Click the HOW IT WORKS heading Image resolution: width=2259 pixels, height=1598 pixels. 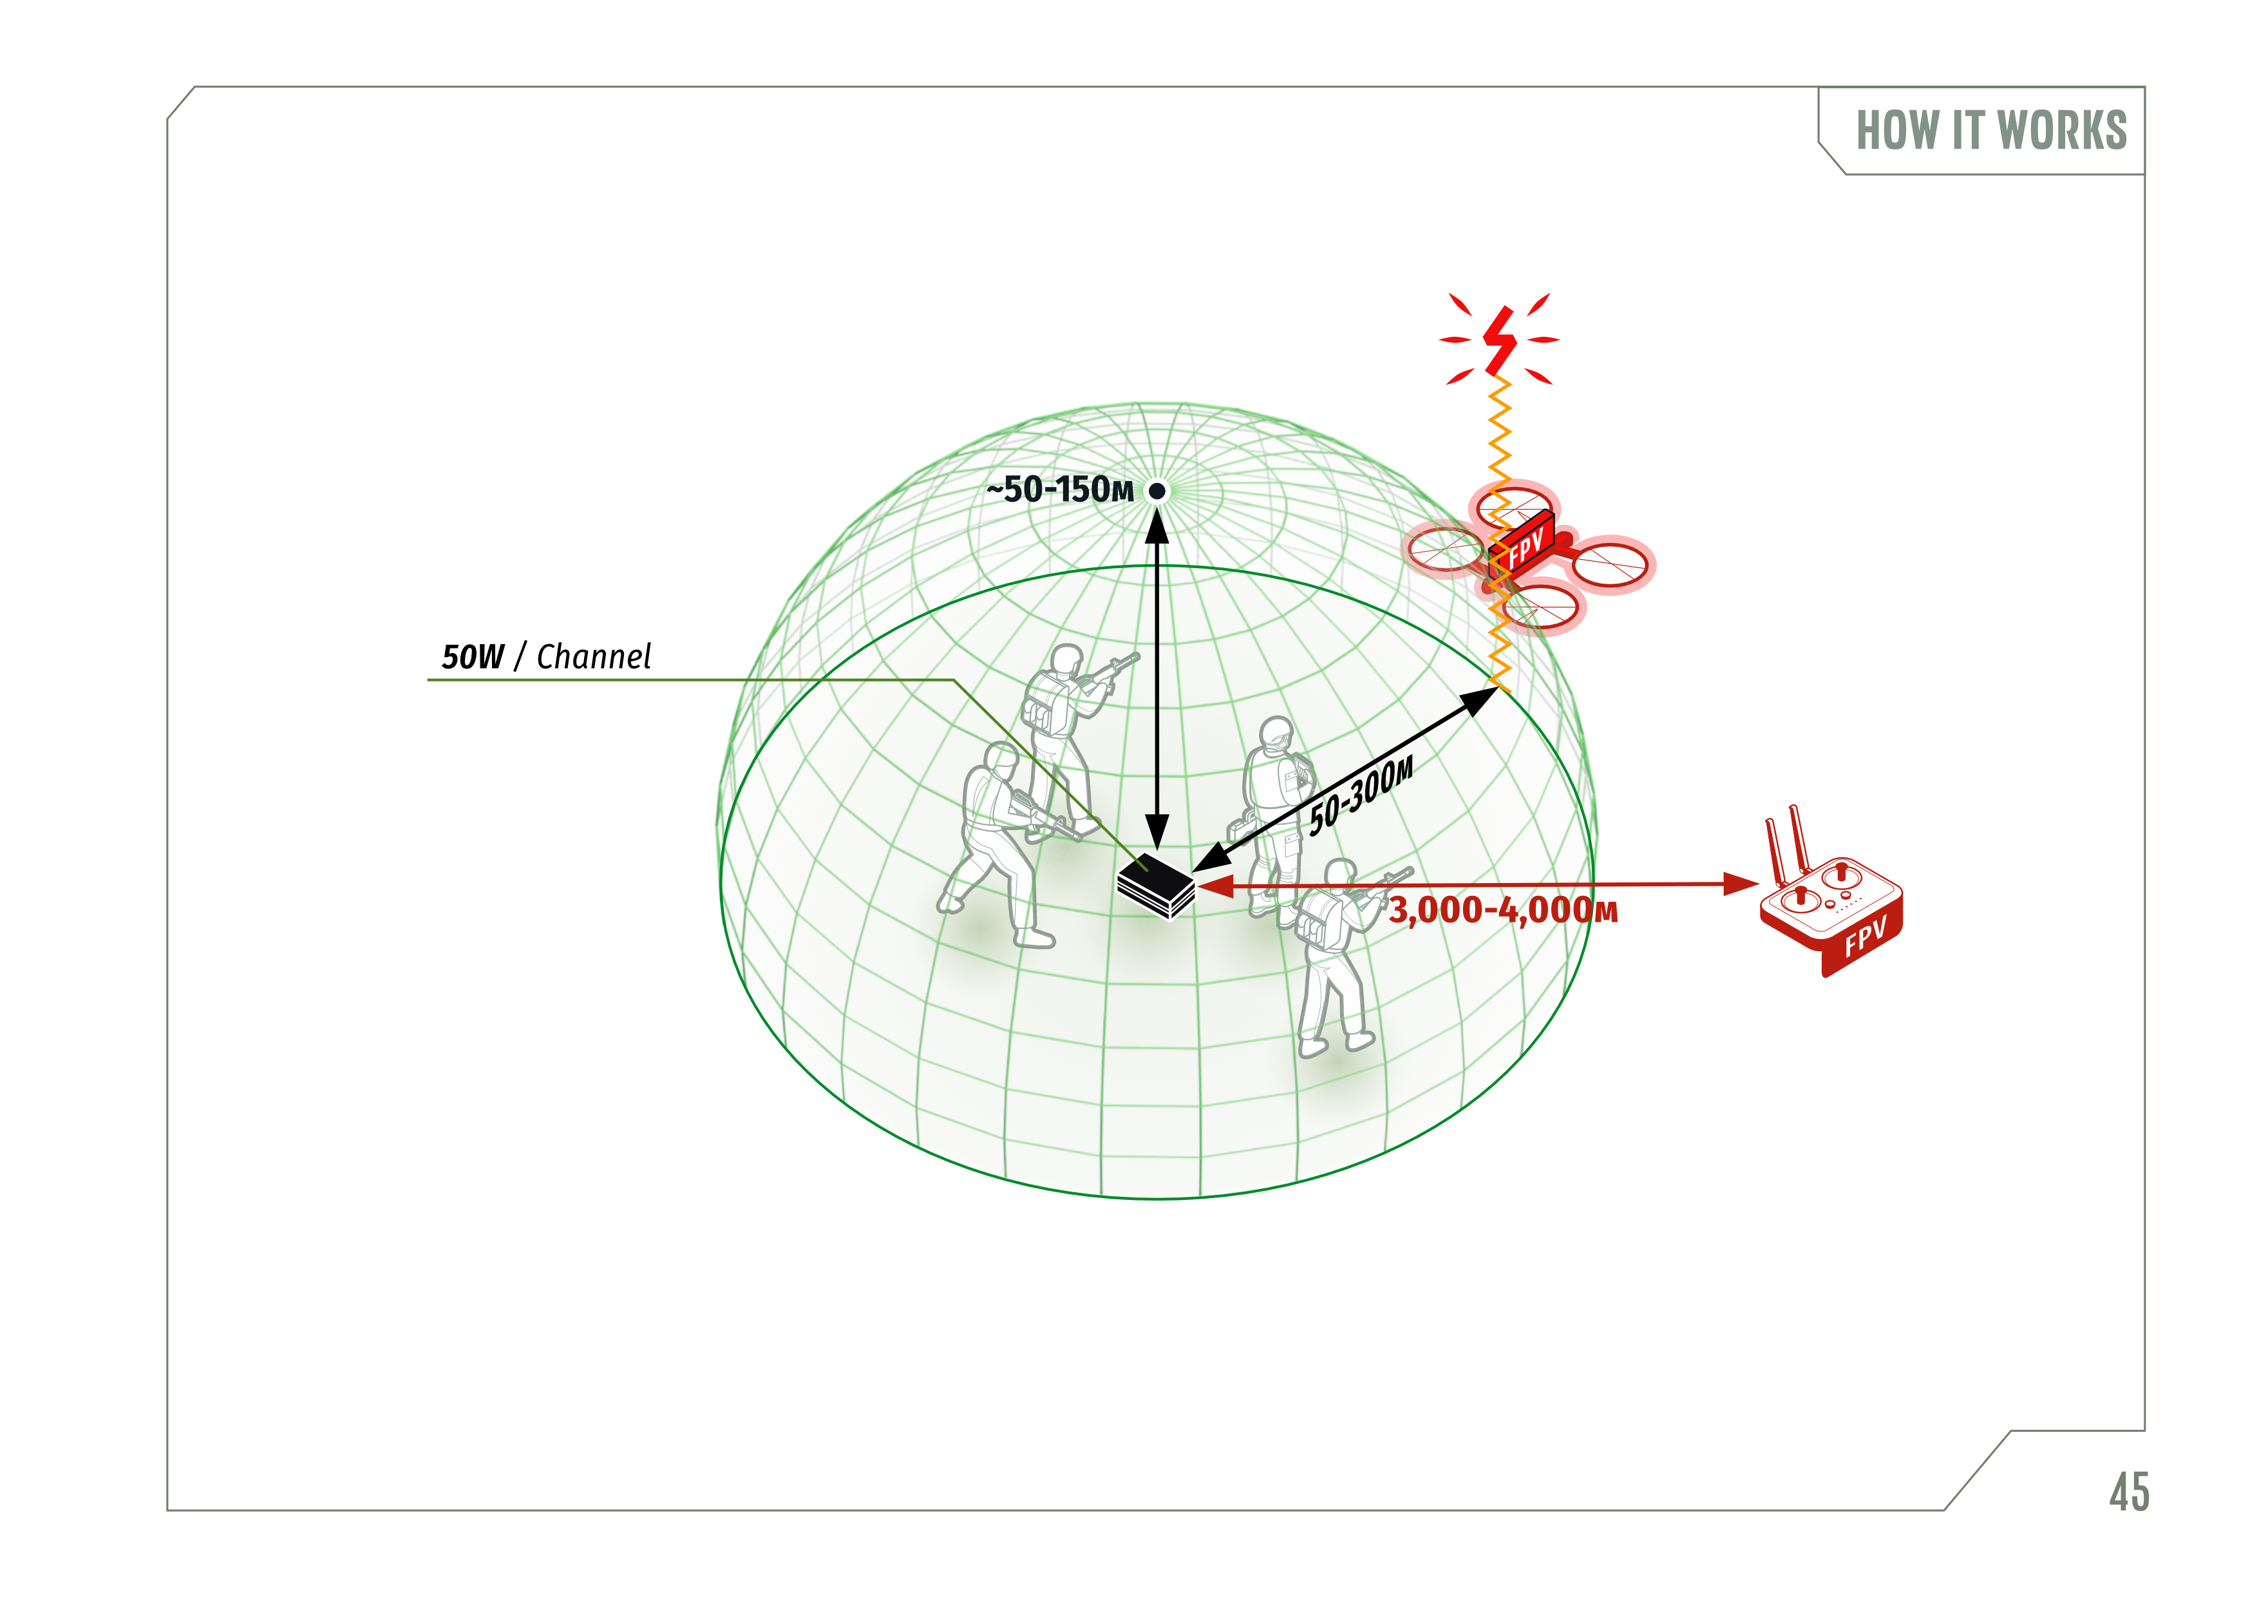point(1990,130)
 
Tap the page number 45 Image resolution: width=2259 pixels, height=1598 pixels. point(2129,1492)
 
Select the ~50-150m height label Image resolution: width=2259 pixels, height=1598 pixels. point(1061,489)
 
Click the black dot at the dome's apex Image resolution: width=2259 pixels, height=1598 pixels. point(1158,490)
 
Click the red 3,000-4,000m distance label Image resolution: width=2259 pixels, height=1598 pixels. point(1504,910)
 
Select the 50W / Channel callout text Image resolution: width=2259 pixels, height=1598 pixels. point(546,656)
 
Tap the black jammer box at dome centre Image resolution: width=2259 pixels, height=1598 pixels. point(1156,886)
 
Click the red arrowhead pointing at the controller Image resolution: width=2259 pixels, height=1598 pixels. point(1741,884)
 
